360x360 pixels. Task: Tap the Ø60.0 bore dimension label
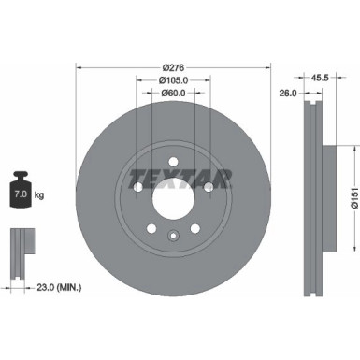[171, 93]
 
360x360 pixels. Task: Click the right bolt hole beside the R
[206, 190]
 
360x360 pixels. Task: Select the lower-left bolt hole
[150, 227]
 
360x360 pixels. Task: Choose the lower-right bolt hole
[194, 227]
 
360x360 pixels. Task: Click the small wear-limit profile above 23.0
[19, 250]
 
